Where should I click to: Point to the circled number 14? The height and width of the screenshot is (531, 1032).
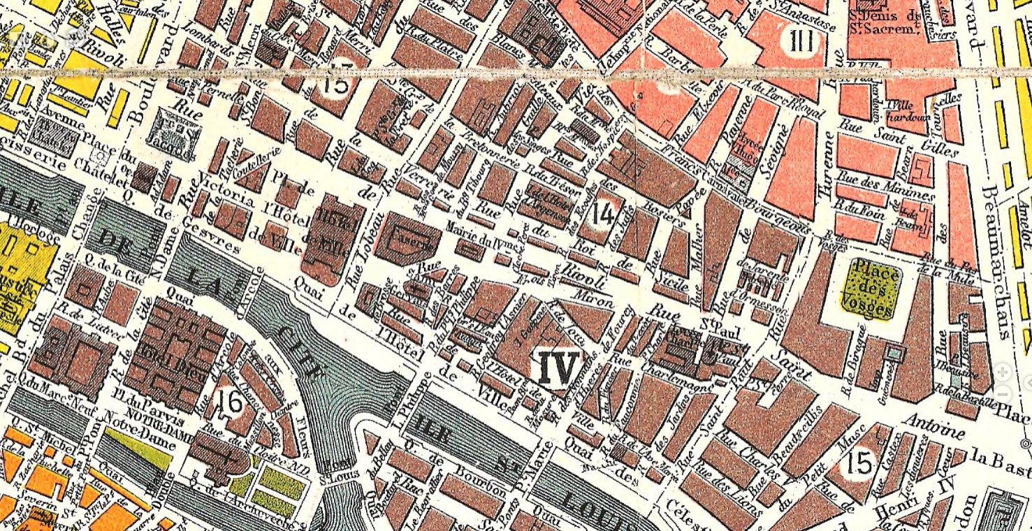click(602, 214)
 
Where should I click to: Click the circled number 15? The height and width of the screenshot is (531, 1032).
click(858, 462)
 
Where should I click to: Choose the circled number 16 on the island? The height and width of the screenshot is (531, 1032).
click(230, 401)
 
